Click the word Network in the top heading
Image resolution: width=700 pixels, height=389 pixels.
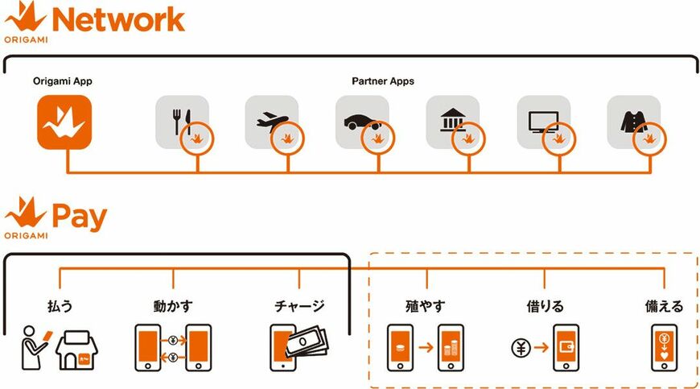click(x=119, y=20)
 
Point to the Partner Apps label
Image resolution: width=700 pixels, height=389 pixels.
click(x=383, y=81)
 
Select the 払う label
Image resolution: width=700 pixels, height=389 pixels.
click(x=61, y=306)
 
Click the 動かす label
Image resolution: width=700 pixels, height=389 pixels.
click(x=173, y=306)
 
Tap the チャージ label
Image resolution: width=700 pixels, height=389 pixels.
click(x=299, y=306)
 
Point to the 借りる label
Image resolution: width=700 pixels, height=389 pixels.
click(x=545, y=306)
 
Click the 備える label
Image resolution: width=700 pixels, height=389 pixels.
click(x=664, y=306)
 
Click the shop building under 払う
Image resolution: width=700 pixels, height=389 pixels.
click(x=81, y=351)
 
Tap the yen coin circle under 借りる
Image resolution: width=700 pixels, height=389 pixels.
click(x=520, y=349)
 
